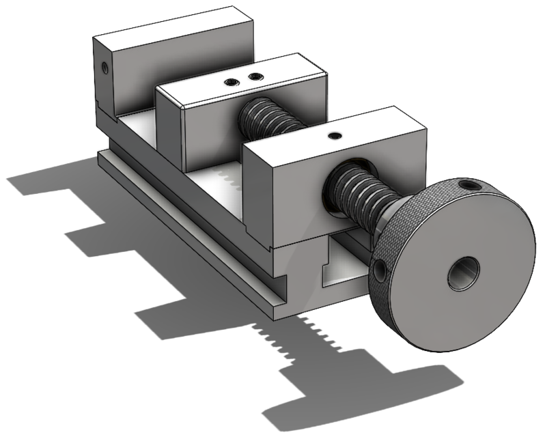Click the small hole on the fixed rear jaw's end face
(104, 67)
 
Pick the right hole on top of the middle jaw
(255, 77)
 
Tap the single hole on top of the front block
(334, 136)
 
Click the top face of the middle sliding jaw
(239, 79)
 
